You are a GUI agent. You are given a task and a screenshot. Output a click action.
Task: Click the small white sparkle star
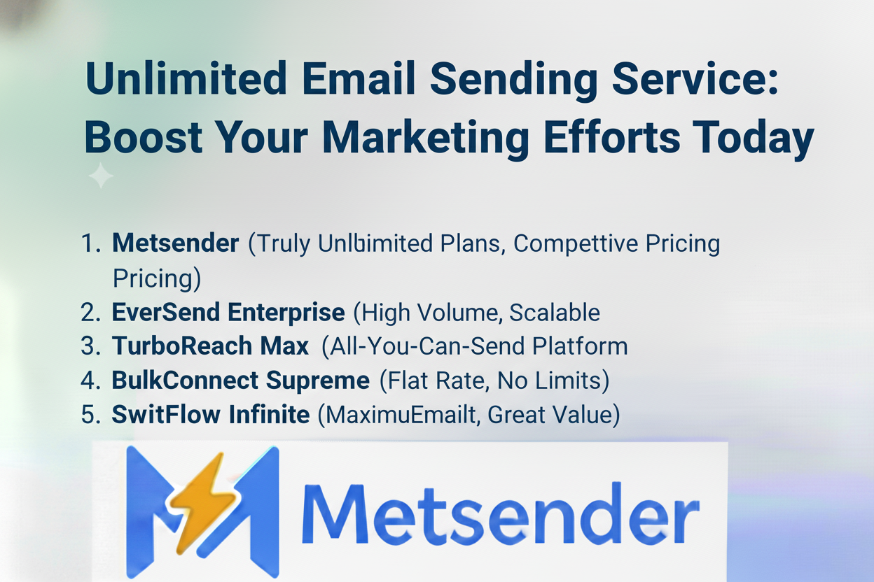(101, 176)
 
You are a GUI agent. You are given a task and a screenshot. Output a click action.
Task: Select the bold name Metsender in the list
(175, 243)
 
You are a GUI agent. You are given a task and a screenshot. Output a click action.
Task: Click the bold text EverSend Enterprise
(228, 313)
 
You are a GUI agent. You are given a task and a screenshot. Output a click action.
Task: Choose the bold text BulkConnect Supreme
(240, 381)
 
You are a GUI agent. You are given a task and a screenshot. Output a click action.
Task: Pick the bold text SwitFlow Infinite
(210, 415)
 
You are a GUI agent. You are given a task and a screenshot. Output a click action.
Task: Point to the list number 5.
(89, 415)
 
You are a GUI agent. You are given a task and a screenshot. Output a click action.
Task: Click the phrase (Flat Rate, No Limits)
(494, 381)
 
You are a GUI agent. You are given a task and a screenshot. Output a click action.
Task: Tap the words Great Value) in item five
(554, 415)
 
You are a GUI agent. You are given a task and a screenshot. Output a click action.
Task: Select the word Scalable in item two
(554, 313)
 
